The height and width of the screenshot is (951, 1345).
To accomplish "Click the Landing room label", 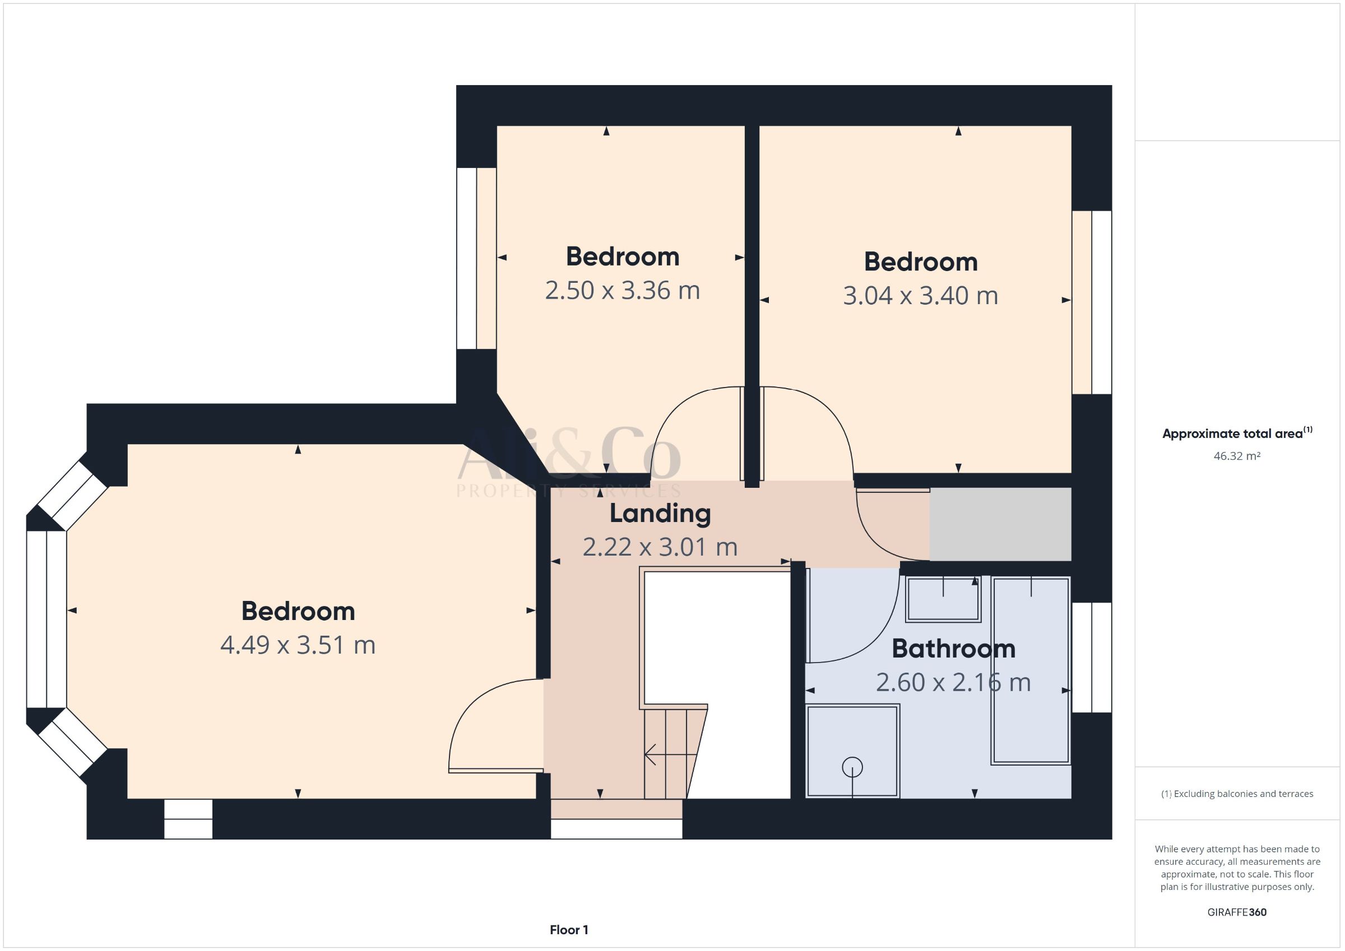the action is click(660, 514).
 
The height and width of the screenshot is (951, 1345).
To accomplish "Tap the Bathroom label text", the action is click(954, 649).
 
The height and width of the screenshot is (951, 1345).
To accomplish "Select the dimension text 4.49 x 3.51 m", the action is click(298, 645).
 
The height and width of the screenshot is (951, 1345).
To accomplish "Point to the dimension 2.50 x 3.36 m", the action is click(623, 291).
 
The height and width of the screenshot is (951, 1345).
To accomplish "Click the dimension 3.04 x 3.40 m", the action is click(921, 296).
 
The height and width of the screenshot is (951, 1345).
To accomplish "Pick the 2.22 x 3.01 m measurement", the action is click(660, 547).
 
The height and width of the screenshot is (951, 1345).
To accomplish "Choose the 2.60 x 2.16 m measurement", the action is click(954, 683).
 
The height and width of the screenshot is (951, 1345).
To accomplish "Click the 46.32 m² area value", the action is click(1237, 455).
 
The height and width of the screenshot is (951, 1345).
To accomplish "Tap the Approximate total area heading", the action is click(1237, 433).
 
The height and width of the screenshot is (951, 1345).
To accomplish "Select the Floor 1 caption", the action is click(569, 930).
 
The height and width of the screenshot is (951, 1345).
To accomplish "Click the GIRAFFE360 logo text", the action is click(1237, 912).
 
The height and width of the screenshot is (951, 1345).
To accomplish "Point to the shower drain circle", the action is click(852, 767).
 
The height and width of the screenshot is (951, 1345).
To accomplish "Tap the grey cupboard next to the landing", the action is click(1000, 524).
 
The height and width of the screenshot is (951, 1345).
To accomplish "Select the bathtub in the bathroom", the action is click(1031, 670).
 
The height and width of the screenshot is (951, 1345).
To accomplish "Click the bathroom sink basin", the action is click(943, 599).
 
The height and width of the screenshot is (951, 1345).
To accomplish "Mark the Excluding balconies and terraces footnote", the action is click(1237, 794).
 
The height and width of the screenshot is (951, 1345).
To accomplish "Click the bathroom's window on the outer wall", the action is click(1092, 658).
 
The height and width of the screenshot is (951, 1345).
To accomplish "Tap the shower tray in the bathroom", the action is click(852, 750).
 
